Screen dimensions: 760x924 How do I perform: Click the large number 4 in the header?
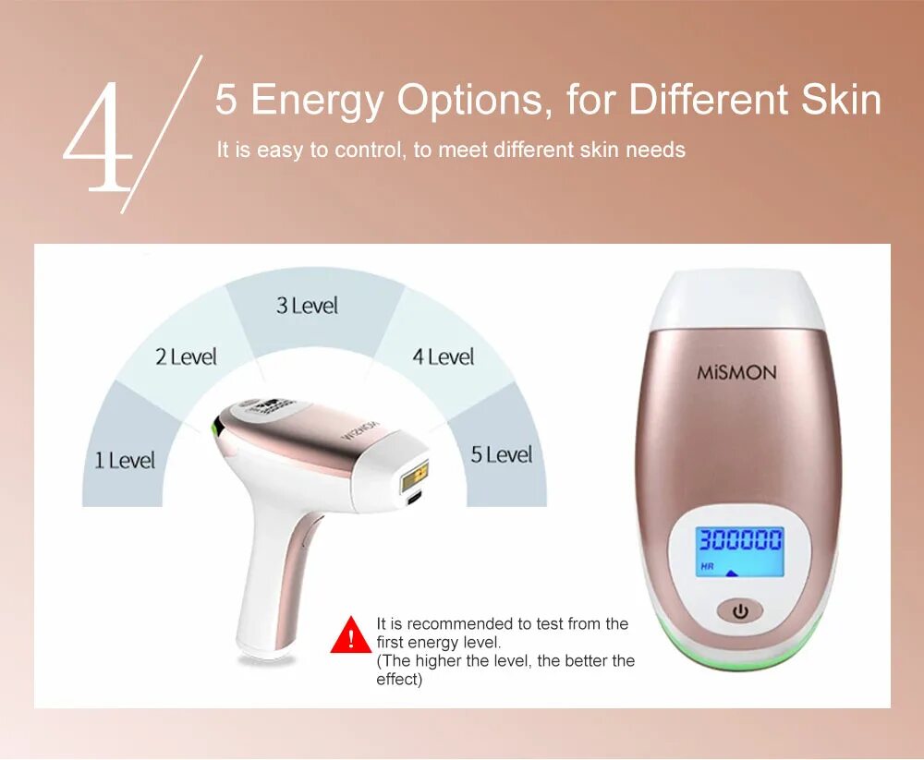[98, 139]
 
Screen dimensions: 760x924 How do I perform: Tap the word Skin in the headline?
[841, 100]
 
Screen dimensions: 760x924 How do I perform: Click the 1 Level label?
[125, 460]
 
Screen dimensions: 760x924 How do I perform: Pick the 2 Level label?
[186, 357]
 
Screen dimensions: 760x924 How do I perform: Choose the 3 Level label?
[307, 306]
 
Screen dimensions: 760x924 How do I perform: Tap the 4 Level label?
[443, 356]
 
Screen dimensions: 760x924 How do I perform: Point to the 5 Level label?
[502, 454]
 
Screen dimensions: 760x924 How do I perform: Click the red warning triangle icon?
[350, 636]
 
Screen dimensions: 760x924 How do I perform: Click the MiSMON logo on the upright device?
[736, 373]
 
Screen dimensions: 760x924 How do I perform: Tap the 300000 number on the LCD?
[739, 539]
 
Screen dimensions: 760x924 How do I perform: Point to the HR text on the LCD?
[707, 566]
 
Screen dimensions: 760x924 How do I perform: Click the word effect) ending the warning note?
[399, 680]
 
